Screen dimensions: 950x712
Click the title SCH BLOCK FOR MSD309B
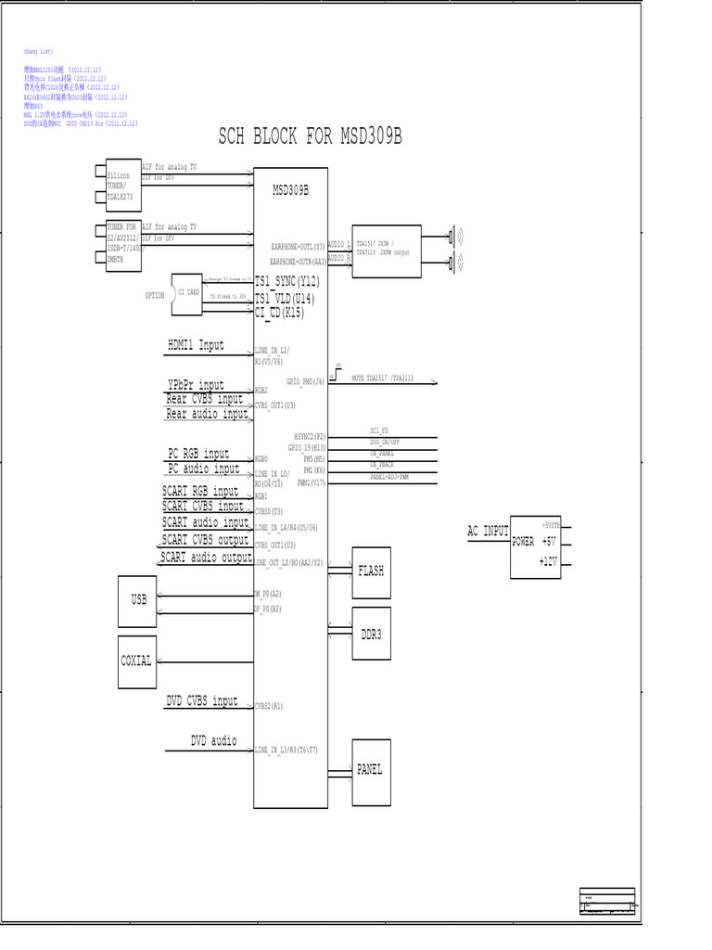pyautogui.click(x=311, y=137)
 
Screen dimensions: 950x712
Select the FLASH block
pyautogui.click(x=371, y=571)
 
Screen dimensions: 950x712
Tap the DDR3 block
pyautogui.click(x=371, y=635)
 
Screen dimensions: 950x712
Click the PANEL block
pyautogui.click(x=370, y=769)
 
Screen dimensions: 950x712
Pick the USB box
pyautogui.click(x=138, y=600)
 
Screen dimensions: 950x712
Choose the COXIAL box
pyautogui.click(x=136, y=661)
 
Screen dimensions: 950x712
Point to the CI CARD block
pyautogui.click(x=188, y=293)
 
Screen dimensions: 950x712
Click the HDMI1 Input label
pyautogui.click(x=196, y=345)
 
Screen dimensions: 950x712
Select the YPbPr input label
pyautogui.click(x=196, y=384)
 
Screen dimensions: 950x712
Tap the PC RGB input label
pyautogui.click(x=198, y=454)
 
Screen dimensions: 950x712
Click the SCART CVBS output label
pyautogui.click(x=205, y=539)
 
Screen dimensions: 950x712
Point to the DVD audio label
pyautogui.click(x=213, y=740)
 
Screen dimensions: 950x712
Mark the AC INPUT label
pyautogui.click(x=488, y=532)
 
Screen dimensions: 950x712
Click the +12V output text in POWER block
pyautogui.click(x=550, y=561)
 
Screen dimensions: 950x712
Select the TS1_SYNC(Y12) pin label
pyautogui.click(x=286, y=280)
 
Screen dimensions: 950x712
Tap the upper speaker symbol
pyautogui.click(x=454, y=235)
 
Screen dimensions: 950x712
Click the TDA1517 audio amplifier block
pyautogui.click(x=386, y=250)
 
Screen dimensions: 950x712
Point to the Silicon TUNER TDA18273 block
pyautogui.click(x=122, y=185)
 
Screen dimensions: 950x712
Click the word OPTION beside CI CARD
pyautogui.click(x=154, y=295)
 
